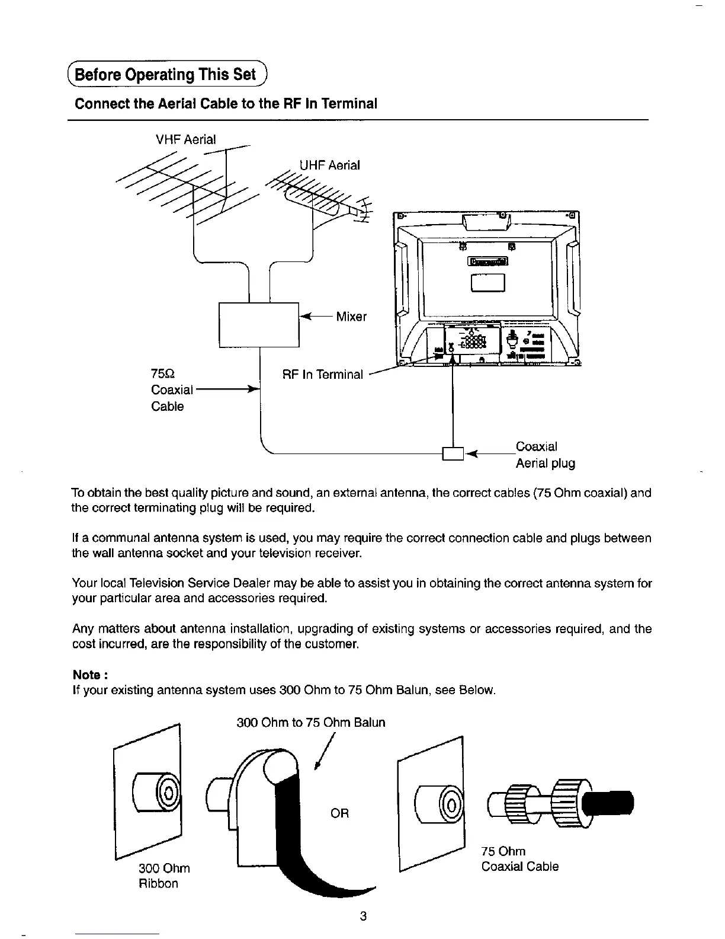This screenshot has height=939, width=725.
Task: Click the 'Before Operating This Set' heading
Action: click(169, 75)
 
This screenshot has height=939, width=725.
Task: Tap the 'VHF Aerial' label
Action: click(185, 140)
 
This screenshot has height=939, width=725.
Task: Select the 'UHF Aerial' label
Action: click(329, 165)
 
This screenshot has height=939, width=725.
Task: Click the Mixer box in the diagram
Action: click(259, 324)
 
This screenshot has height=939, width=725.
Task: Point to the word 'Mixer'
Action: click(351, 317)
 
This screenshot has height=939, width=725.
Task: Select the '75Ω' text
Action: click(162, 374)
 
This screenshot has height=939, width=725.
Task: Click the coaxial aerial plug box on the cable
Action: click(453, 453)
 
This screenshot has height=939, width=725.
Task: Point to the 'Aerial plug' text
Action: click(545, 464)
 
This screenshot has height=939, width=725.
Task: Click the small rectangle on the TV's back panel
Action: click(487, 286)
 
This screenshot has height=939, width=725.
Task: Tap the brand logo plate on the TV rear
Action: click(487, 262)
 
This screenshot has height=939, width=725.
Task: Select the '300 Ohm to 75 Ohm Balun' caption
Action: click(310, 723)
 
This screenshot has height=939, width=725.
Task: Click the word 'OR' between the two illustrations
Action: click(339, 813)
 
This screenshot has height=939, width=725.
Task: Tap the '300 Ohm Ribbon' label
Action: click(163, 876)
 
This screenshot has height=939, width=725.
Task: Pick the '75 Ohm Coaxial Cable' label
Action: click(519, 859)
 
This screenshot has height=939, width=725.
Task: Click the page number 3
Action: click(363, 916)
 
